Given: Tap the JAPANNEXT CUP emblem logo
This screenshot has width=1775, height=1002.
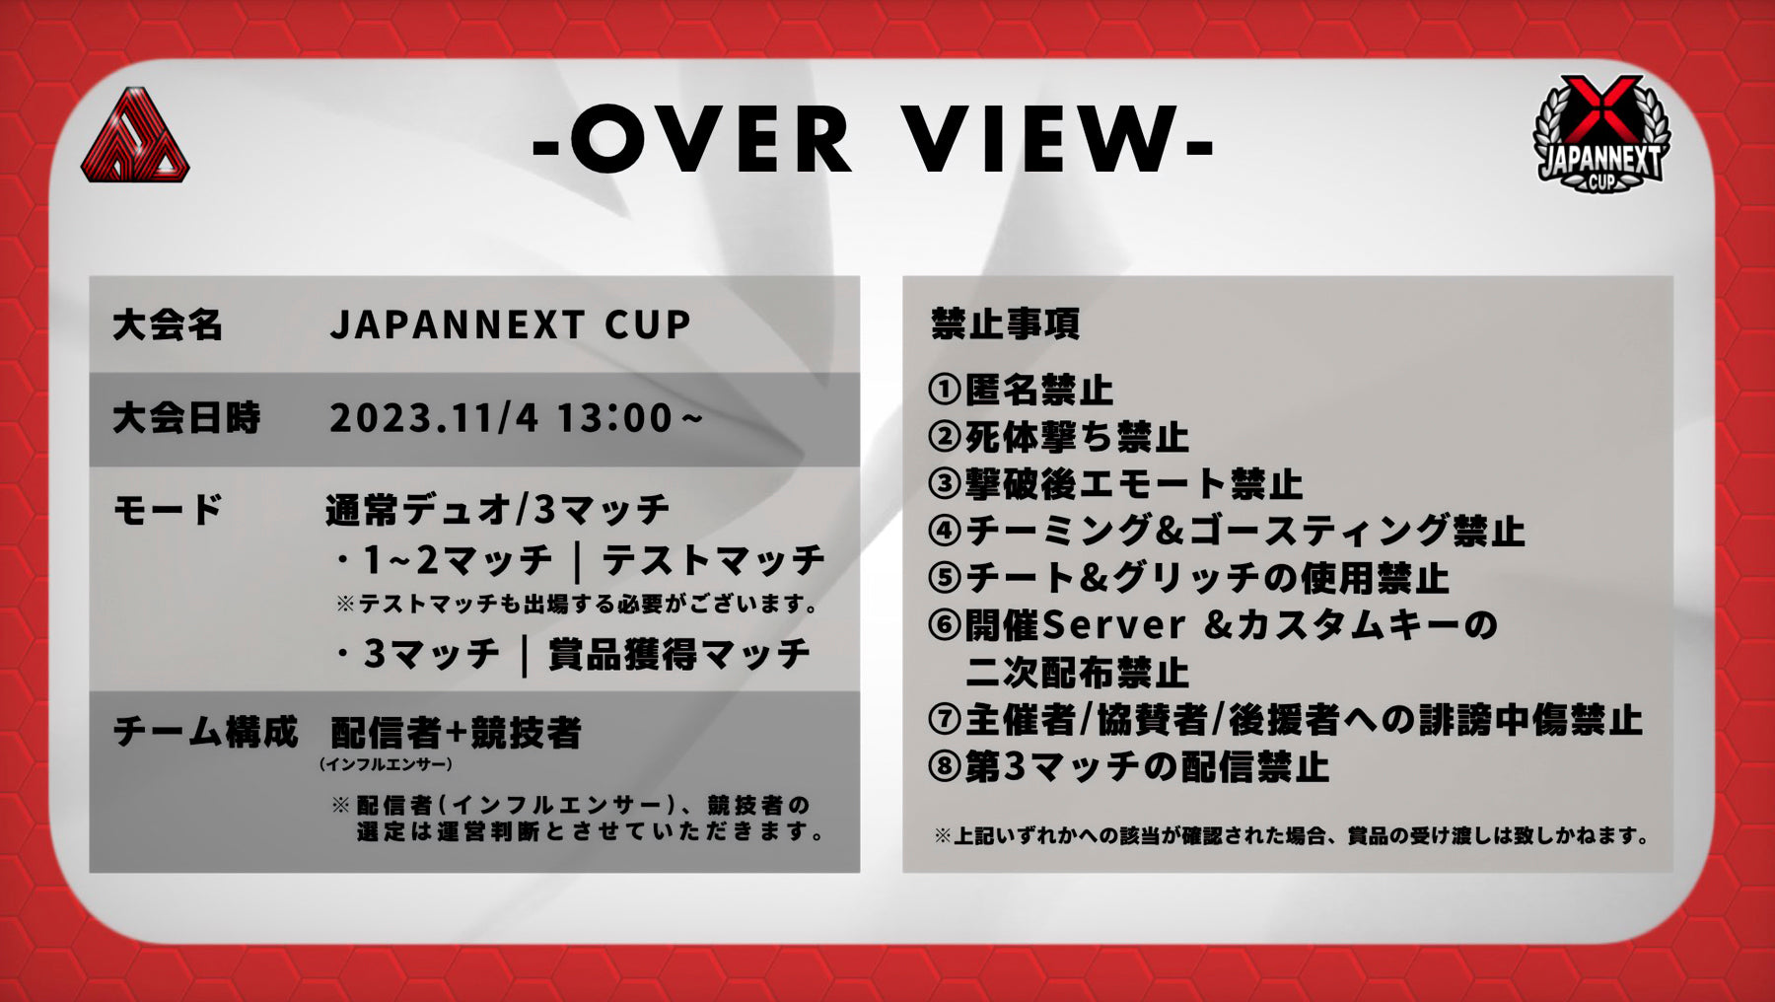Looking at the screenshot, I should click(x=1601, y=135).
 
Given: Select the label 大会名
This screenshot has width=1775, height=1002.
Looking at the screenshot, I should click(x=168, y=324).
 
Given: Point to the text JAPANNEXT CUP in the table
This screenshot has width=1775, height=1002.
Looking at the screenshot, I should click(x=510, y=324).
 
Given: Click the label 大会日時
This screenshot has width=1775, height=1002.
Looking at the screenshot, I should click(x=186, y=418).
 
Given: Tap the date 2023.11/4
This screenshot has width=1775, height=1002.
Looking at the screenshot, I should click(x=434, y=418).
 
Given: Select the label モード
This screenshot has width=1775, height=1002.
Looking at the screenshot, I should click(x=168, y=510).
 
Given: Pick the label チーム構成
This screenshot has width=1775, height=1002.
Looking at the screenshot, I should click(x=205, y=732).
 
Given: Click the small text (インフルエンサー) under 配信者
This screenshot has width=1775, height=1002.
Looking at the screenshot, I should click(x=386, y=764).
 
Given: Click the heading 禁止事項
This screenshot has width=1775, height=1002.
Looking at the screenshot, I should click(x=1005, y=323).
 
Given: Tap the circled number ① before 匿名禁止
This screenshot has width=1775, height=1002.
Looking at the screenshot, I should click(x=945, y=390).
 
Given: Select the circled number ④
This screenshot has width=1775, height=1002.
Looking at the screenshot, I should click(x=945, y=531).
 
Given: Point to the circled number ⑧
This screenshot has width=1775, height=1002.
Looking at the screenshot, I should click(x=945, y=767).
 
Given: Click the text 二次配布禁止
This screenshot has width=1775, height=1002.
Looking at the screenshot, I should click(x=1077, y=673).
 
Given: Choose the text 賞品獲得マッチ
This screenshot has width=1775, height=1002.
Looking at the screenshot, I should click(x=679, y=654).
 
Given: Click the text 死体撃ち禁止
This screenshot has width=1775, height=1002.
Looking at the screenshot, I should click(x=1077, y=437).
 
